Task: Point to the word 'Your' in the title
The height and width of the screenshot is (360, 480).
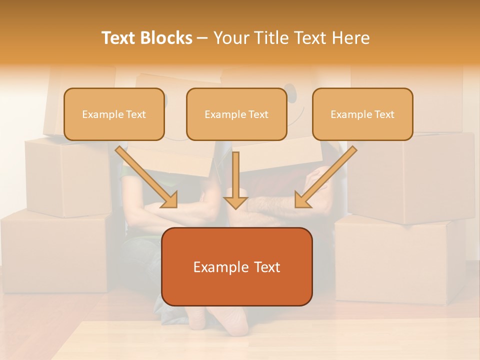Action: pyautogui.click(x=229, y=38)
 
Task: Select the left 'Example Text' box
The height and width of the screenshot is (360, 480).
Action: pyautogui.click(x=114, y=114)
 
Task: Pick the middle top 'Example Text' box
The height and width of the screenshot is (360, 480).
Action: pyautogui.click(x=236, y=114)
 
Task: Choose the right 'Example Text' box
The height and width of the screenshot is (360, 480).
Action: pyautogui.click(x=362, y=114)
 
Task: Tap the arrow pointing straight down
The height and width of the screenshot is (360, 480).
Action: pyautogui.click(x=235, y=180)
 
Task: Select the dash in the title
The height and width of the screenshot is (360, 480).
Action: pyautogui.click(x=202, y=38)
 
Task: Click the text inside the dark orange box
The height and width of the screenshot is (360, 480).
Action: pyautogui.click(x=236, y=267)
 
